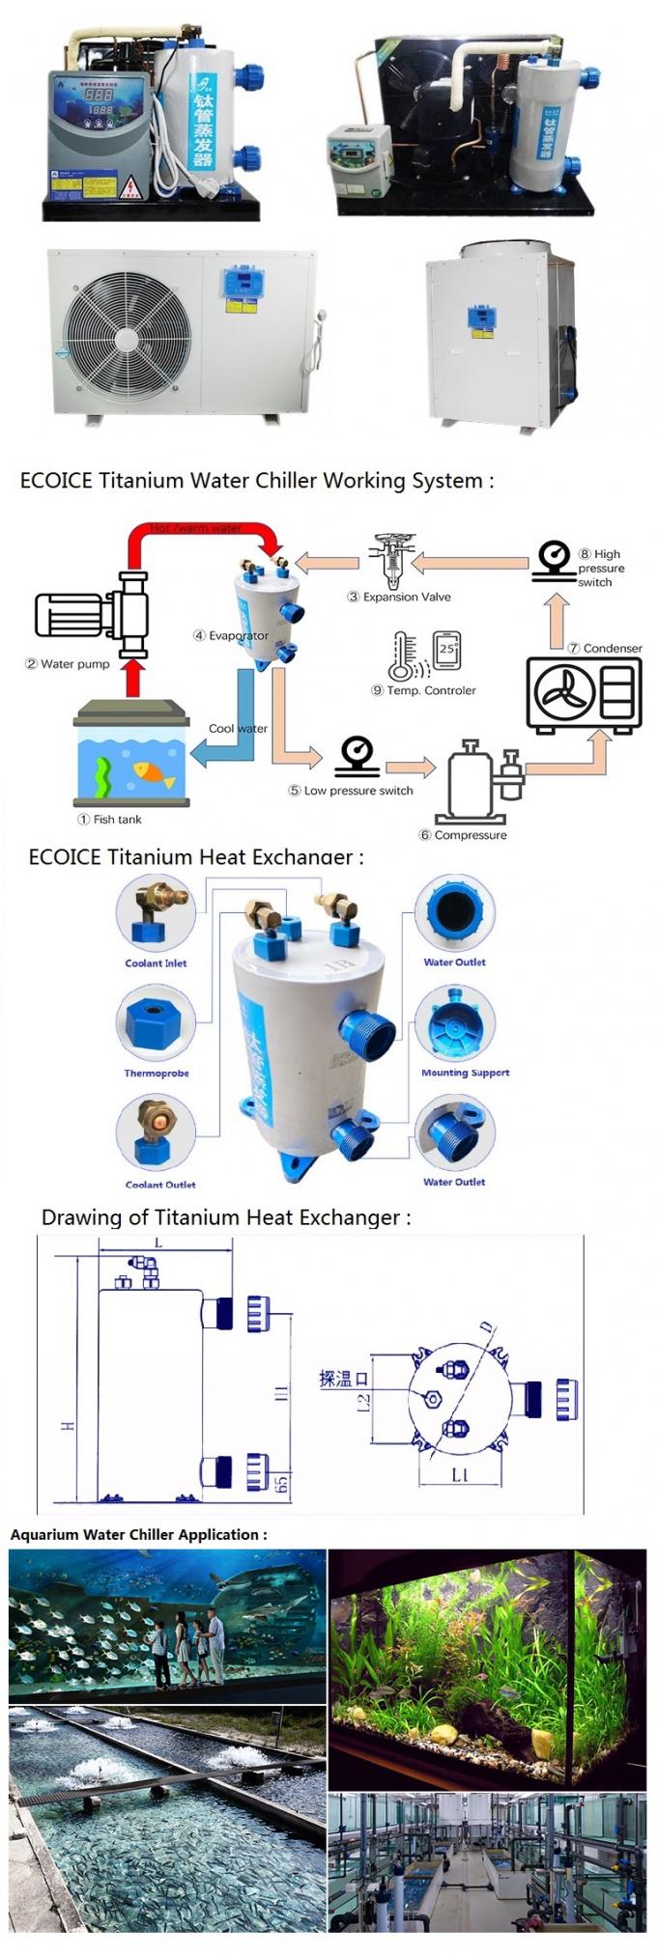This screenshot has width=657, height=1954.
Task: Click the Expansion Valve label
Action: click(407, 597)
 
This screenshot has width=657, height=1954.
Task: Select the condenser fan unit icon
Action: click(584, 693)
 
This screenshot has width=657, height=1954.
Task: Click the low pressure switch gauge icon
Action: click(357, 756)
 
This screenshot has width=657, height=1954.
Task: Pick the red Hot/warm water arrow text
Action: click(196, 529)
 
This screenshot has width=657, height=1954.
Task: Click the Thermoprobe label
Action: click(157, 1074)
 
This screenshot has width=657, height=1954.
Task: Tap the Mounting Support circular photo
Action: click(455, 1026)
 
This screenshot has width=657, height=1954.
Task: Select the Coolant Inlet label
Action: click(156, 963)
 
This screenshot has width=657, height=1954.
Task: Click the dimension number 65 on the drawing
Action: click(283, 1482)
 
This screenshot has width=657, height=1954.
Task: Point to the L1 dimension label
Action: click(459, 1474)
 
